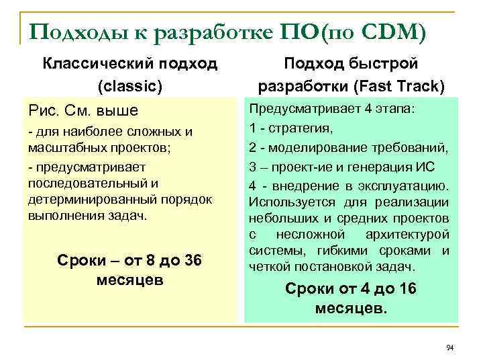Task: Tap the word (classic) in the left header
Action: click(x=130, y=86)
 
